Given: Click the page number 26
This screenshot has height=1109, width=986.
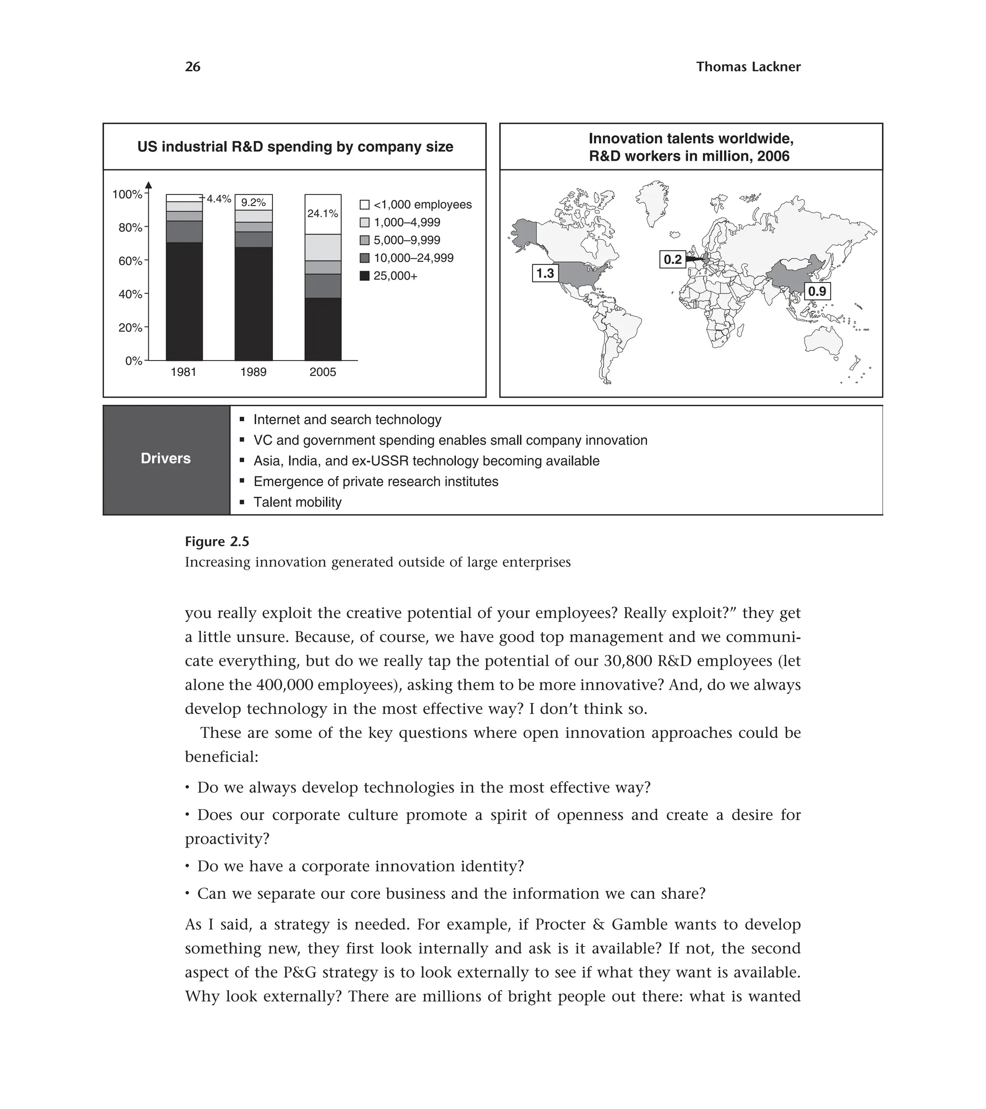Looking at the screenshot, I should pos(193,67).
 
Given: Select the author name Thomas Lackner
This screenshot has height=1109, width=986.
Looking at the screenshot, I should pos(748,67).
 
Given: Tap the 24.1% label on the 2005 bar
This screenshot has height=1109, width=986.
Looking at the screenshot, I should pos(323,214).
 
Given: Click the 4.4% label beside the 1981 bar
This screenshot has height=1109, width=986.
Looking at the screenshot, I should pos(219,199).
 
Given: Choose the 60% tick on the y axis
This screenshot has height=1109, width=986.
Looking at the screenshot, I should pos(131,261).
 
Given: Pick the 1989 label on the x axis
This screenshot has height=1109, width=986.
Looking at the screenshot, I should pos(253,372).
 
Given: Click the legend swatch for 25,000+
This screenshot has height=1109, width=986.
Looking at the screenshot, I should pos(364,276).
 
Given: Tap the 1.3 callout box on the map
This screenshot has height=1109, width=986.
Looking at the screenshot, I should pos(545,273).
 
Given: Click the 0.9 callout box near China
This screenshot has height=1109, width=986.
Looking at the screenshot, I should pos(817,292).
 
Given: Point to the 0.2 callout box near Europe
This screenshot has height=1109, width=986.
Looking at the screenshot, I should pos(673,259).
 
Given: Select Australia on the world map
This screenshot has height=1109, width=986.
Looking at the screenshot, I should pos(823,342).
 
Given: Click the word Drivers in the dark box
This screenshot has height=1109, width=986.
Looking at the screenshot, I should pos(166,458).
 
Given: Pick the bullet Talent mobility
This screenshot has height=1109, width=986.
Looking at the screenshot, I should pos(298,503).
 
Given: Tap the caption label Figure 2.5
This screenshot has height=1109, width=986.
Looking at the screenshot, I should pos(217,542).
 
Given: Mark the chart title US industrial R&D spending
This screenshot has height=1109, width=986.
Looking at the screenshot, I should pos(295,147).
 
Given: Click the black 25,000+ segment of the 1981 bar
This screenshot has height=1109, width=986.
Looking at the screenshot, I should pos(184,301).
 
